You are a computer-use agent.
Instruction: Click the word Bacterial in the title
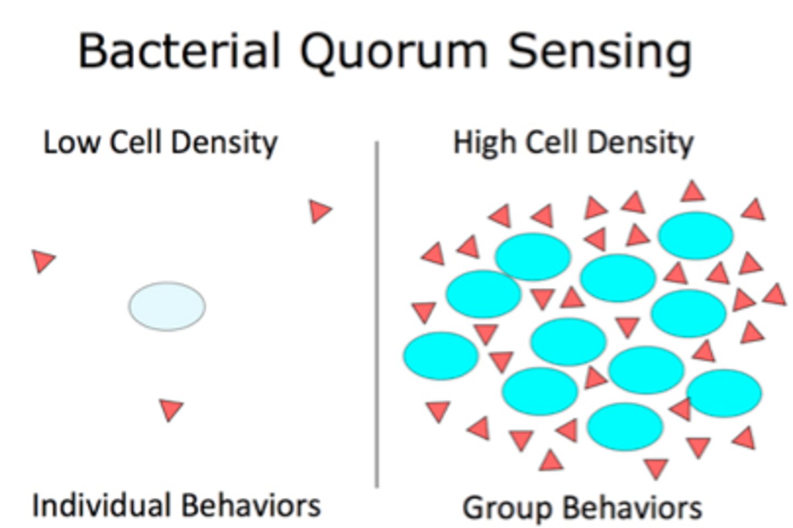(180, 50)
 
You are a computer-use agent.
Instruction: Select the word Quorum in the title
(393, 51)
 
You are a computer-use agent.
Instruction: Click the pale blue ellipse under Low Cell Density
(167, 306)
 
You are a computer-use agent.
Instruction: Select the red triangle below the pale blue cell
(171, 410)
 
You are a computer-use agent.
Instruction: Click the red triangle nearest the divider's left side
(320, 211)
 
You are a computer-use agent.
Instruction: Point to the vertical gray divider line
(377, 314)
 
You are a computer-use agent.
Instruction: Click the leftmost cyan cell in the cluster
(441, 355)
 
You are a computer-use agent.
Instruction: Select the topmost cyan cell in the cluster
(696, 235)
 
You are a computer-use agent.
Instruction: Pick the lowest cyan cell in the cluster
(624, 426)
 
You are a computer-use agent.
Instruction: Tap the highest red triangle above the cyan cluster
(693, 191)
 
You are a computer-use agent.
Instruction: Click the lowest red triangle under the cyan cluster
(655, 468)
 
